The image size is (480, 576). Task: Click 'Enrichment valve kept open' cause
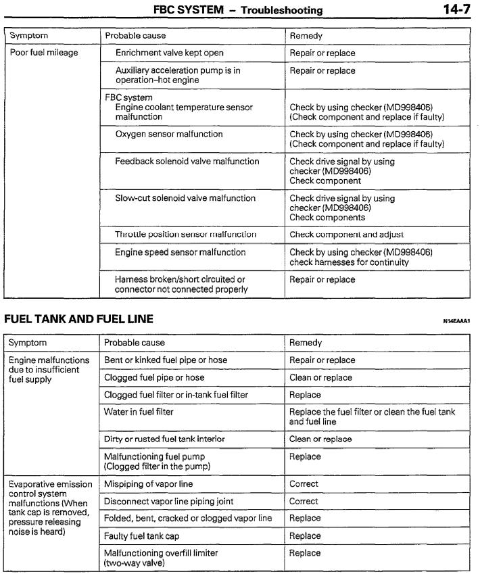169,53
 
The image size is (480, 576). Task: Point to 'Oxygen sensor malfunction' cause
169,134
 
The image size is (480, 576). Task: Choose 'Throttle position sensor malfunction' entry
186,234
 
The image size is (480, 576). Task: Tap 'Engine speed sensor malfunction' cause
181,252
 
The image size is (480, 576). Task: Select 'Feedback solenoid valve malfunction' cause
187,162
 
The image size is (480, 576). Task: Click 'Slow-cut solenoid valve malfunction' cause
185,198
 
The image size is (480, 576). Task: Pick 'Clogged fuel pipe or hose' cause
154,377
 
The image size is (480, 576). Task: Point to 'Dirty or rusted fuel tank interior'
164,439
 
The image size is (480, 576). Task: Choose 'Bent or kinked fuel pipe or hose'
166,360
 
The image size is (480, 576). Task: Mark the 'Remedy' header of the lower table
305,343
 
